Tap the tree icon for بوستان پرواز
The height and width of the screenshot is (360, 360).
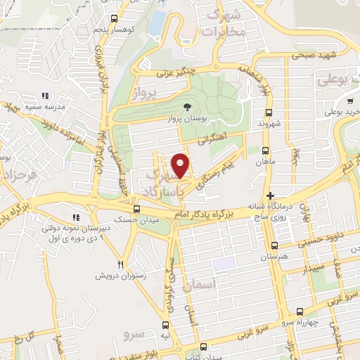click(x=186, y=106)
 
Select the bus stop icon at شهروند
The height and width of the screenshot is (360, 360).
click(x=268, y=112)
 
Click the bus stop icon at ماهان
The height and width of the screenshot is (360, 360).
click(x=264, y=150)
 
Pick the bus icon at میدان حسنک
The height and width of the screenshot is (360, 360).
click(x=136, y=209)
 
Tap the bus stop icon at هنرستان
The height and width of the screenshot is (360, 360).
click(x=274, y=246)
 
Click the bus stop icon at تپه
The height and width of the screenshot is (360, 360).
click(x=166, y=325)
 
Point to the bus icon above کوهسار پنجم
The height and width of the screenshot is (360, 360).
click(x=113, y=19)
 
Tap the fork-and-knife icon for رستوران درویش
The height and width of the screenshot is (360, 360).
click(x=120, y=264)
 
